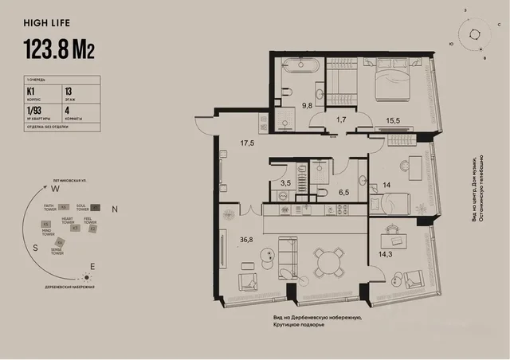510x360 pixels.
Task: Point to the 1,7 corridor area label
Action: point(341,119)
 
